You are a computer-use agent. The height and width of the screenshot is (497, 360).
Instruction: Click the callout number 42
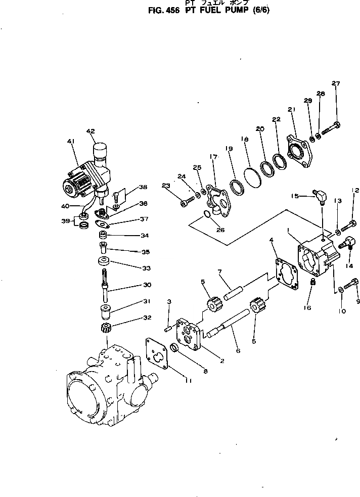tap(91, 131)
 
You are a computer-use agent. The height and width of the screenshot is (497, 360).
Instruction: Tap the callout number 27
tap(336, 83)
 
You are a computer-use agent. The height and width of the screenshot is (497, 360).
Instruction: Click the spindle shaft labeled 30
tap(105, 284)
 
